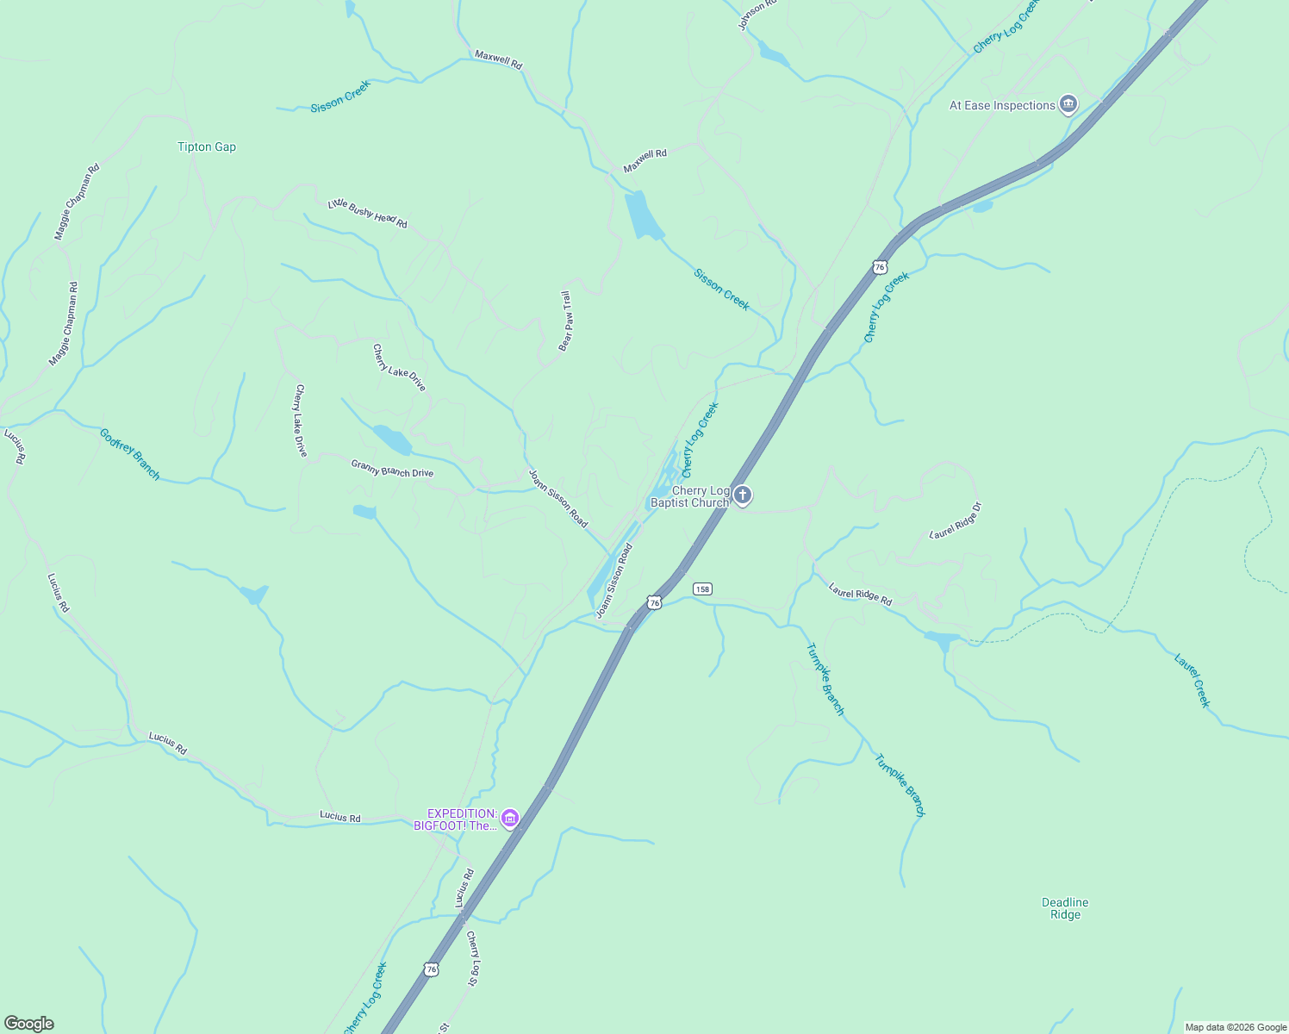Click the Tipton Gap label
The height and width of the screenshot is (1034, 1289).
pyautogui.click(x=207, y=147)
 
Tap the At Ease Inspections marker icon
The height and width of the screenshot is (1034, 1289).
pyautogui.click(x=1068, y=105)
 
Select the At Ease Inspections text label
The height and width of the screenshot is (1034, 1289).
pyautogui.click(x=1002, y=106)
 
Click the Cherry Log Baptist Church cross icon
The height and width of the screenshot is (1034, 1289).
pyautogui.click(x=743, y=496)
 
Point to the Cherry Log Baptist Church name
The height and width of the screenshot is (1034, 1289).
pyautogui.click(x=690, y=497)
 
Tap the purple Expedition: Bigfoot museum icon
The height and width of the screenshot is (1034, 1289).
pyautogui.click(x=510, y=818)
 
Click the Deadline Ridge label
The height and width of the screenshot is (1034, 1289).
pyautogui.click(x=1065, y=909)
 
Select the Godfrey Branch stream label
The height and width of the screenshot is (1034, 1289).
pyautogui.click(x=130, y=454)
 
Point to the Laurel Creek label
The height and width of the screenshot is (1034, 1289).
pyautogui.click(x=1192, y=681)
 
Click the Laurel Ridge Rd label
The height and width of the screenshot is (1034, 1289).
pyautogui.click(x=860, y=595)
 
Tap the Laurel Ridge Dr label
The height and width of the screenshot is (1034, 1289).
pyautogui.click(x=956, y=520)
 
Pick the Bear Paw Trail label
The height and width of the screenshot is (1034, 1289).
pyautogui.click(x=566, y=321)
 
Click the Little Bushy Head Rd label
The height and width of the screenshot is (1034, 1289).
pyautogui.click(x=367, y=215)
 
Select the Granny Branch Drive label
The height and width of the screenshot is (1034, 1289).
pyautogui.click(x=392, y=469)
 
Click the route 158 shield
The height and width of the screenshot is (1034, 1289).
pyautogui.click(x=702, y=589)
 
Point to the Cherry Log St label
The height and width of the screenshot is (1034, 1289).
pyautogui.click(x=472, y=959)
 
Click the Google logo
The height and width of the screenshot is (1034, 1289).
pyautogui.click(x=29, y=1024)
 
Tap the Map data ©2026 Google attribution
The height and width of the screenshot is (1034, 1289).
pyautogui.click(x=1236, y=1027)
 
